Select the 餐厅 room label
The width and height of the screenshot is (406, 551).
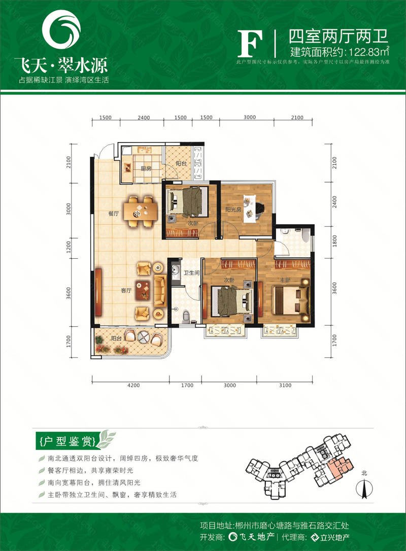pyautogui.click(x=113, y=214)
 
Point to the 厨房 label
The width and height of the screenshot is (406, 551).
pyautogui.click(x=146, y=169)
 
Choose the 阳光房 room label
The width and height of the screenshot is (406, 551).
pyautogui.click(x=232, y=209)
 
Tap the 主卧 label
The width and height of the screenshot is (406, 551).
pyautogui.click(x=284, y=280)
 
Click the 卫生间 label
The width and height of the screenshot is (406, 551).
pyautogui.click(x=190, y=272)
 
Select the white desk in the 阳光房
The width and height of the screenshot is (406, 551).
pyautogui.click(x=250, y=208)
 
